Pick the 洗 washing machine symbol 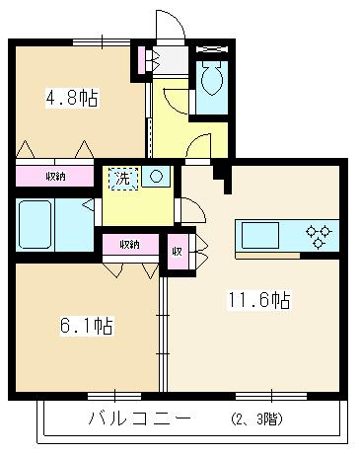[x=122, y=179]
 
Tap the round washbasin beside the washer [x=154, y=178]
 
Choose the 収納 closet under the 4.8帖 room [x=55, y=176]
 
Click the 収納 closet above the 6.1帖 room [x=128, y=244]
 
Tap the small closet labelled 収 [x=177, y=250]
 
